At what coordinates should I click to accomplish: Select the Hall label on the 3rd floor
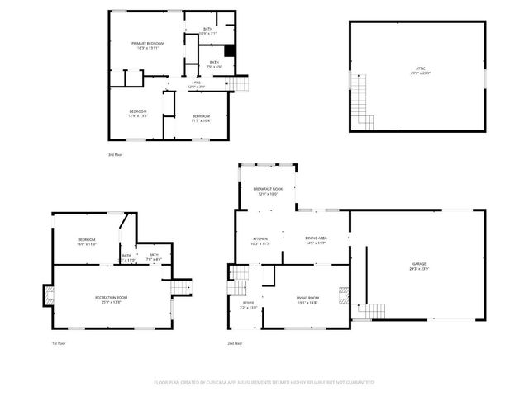pyautogui.click(x=197, y=84)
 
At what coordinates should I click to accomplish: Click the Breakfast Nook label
pyautogui.click(x=268, y=191)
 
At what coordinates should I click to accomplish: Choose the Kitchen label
pyautogui.click(x=260, y=241)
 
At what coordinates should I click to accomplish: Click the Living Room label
pyautogui.click(x=307, y=299)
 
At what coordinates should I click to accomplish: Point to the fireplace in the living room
pyautogui.click(x=346, y=295)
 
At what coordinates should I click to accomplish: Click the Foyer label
pyautogui.click(x=248, y=304)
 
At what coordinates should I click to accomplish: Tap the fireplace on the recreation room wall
pyautogui.click(x=48, y=295)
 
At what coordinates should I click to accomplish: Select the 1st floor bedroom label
pyautogui.click(x=87, y=242)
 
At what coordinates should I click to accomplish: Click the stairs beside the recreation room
pyautogui.click(x=181, y=285)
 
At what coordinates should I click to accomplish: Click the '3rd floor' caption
pyautogui.click(x=115, y=154)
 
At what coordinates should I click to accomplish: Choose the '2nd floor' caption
pyautogui.click(x=236, y=343)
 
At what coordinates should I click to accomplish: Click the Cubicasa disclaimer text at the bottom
pyautogui.click(x=264, y=382)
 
